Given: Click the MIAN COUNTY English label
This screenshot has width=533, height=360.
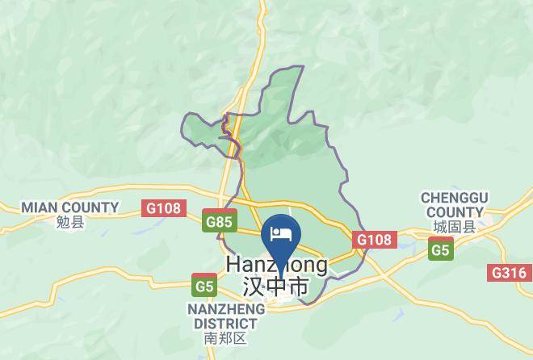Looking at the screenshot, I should pyautogui.click(x=70, y=207).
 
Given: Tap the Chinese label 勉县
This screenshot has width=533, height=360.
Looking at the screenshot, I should pyautogui.click(x=70, y=223).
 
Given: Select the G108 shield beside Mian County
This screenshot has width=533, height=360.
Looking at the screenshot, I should pyautogui.click(x=164, y=208).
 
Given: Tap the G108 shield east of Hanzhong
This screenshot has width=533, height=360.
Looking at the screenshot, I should pyautogui.click(x=374, y=240).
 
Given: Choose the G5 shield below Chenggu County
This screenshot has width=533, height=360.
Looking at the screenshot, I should pyautogui.click(x=440, y=251).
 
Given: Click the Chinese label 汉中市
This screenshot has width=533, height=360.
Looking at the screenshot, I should pyautogui.click(x=275, y=287).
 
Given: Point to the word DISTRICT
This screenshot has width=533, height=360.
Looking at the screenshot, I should pyautogui.click(x=225, y=323).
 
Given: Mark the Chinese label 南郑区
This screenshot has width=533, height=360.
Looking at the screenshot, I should pyautogui.click(x=225, y=338).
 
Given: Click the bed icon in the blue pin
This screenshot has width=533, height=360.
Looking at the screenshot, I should pyautogui.click(x=279, y=233).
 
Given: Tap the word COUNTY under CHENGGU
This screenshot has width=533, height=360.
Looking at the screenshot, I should pyautogui.click(x=452, y=211).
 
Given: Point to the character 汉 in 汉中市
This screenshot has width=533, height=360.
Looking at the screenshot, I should pyautogui.click(x=253, y=287).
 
